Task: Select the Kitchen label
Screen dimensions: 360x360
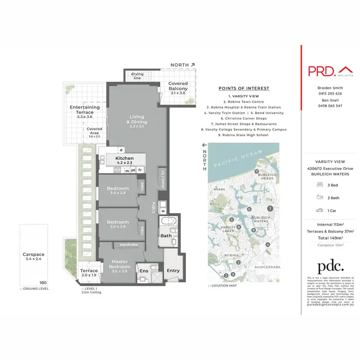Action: coord(124,158)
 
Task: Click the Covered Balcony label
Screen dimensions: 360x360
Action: coord(178,86)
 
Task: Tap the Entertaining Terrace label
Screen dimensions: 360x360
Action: coord(84,110)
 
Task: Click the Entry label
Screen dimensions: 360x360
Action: coord(173,271)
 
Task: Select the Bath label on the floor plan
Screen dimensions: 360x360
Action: coord(166,236)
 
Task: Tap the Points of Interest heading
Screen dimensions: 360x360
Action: coord(244,88)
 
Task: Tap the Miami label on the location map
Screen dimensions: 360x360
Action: coord(220,189)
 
